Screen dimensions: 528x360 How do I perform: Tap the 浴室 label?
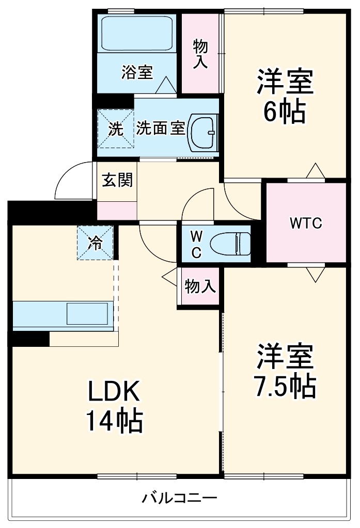click(x=137, y=72)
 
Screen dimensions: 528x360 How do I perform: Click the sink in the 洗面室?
click(x=204, y=131)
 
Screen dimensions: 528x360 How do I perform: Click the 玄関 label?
click(x=117, y=180)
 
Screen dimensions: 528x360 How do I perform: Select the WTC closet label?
click(x=305, y=223)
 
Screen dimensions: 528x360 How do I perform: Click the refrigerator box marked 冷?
click(x=95, y=243)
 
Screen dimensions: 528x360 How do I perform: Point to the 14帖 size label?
click(x=113, y=422)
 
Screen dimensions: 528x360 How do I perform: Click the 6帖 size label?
click(x=285, y=111)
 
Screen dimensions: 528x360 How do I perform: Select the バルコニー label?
click(x=180, y=499)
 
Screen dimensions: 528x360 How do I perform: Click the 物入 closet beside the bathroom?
click(x=200, y=53)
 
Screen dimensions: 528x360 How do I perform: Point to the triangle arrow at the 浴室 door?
click(x=166, y=85)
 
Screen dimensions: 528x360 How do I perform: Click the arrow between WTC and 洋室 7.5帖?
click(x=314, y=274)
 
